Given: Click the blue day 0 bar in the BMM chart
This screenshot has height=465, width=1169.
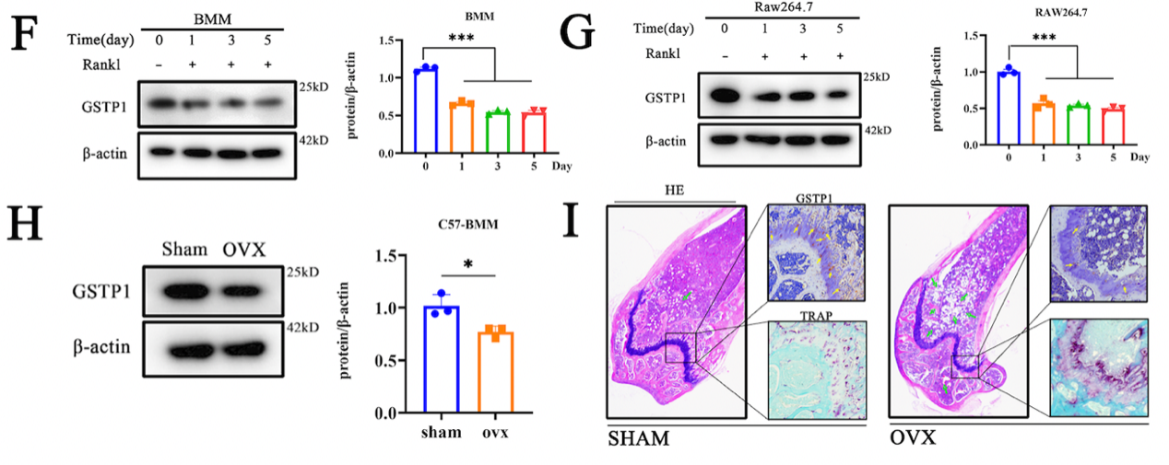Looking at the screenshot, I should click(424, 110).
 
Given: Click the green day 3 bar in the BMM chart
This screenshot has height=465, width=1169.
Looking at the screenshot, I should click(498, 133).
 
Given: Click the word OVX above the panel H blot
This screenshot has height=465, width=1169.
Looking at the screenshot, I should click(245, 250).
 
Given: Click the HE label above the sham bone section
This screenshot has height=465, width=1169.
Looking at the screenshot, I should click(675, 192).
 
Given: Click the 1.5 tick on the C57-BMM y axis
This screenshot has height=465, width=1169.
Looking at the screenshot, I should click(399, 256).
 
